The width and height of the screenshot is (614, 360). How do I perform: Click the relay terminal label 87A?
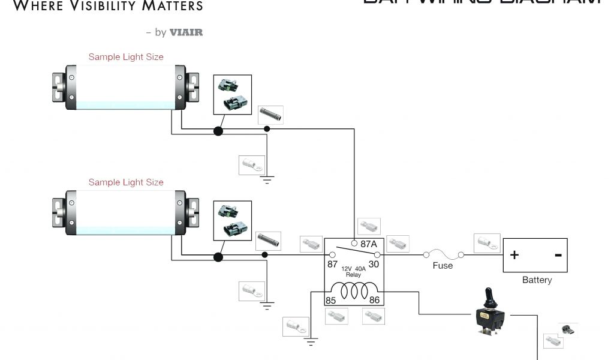[369, 244]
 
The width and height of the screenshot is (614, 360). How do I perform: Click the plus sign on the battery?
[514, 255]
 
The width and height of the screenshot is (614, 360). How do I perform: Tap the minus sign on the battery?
[558, 255]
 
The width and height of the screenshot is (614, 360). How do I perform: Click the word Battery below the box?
[537, 280]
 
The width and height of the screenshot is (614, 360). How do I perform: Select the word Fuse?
[443, 265]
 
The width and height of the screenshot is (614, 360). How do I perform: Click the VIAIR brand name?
[186, 32]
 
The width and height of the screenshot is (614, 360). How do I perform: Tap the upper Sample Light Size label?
[126, 57]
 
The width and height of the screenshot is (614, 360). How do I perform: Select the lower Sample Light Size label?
[126, 182]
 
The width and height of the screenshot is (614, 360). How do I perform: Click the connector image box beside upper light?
[233, 94]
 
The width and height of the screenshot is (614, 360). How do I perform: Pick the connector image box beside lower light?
[233, 220]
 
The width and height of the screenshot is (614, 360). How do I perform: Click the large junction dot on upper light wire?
[218, 130]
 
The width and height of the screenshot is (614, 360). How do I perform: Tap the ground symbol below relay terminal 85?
[311, 343]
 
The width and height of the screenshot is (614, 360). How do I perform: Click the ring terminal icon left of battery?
[486, 243]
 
